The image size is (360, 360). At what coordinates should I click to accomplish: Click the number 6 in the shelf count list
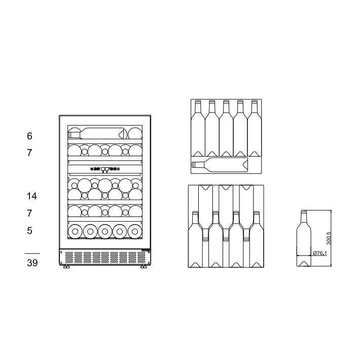29,136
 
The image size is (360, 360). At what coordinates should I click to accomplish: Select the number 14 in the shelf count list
31,196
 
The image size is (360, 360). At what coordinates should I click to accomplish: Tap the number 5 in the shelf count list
29,231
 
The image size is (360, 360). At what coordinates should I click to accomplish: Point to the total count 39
31,263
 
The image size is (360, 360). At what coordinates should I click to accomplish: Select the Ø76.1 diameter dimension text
319,253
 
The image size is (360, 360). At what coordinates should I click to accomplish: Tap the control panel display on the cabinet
105,169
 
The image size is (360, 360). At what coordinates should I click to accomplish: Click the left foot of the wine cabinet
66,267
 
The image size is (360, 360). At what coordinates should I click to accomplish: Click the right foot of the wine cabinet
143,267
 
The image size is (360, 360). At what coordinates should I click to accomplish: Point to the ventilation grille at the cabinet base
104,257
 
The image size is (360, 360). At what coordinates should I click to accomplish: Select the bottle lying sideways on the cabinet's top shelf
98,133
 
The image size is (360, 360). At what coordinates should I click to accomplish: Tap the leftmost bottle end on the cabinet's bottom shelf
76,231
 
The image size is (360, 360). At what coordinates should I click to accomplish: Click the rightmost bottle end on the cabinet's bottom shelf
134,231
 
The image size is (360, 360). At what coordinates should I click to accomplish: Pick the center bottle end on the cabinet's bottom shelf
105,231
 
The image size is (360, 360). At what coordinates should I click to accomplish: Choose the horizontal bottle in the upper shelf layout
220,164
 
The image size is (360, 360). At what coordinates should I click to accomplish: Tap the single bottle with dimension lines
304,238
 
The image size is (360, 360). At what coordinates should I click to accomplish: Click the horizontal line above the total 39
32,253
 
